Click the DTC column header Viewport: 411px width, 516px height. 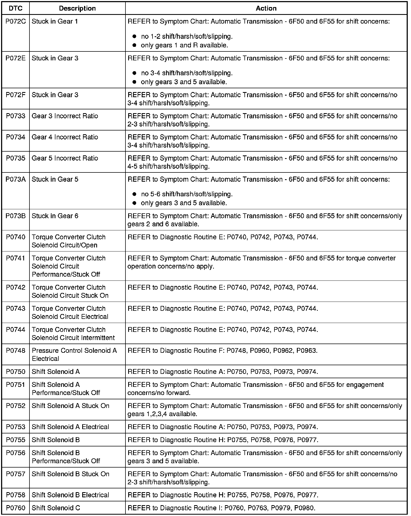tap(16, 8)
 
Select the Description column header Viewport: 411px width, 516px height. tap(77, 8)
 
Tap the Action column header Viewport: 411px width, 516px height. tap(266, 8)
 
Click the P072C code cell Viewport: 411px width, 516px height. tap(16, 21)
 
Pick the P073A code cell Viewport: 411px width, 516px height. tap(16, 179)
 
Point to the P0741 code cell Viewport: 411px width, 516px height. tap(16, 258)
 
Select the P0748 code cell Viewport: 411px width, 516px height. tap(16, 350)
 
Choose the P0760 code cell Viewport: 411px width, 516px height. tap(16, 508)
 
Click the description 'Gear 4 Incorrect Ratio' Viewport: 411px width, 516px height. tap(65, 137)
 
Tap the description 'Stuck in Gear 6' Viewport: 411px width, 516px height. tap(55, 216)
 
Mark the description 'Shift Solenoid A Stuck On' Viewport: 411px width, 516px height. tap(71, 406)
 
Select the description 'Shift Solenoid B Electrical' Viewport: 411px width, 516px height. tap(71, 495)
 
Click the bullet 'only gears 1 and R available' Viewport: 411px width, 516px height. tap(184, 45)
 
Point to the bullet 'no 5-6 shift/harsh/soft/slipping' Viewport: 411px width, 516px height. tap(187, 194)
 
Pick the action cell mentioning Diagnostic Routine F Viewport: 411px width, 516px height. tap(222, 350)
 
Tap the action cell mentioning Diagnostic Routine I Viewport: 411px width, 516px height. tap(221, 508)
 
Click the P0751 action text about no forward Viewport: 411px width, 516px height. tap(256, 388)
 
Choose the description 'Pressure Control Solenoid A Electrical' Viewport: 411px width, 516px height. tap(74, 354)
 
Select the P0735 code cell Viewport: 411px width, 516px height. tap(16, 158)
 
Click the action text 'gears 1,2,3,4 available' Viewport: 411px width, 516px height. tap(162, 414)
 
